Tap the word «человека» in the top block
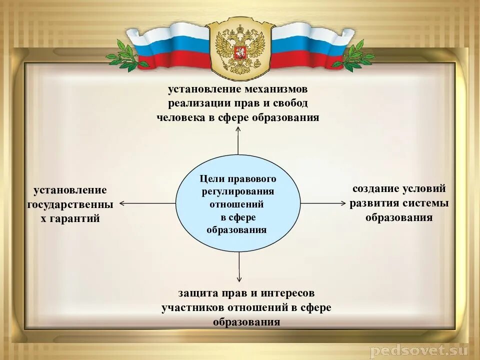[181, 118]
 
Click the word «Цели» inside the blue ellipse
[210, 179]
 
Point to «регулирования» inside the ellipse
[238, 192]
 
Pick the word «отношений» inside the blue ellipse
[236, 204]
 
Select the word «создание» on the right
[376, 189]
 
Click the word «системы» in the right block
[427, 203]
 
